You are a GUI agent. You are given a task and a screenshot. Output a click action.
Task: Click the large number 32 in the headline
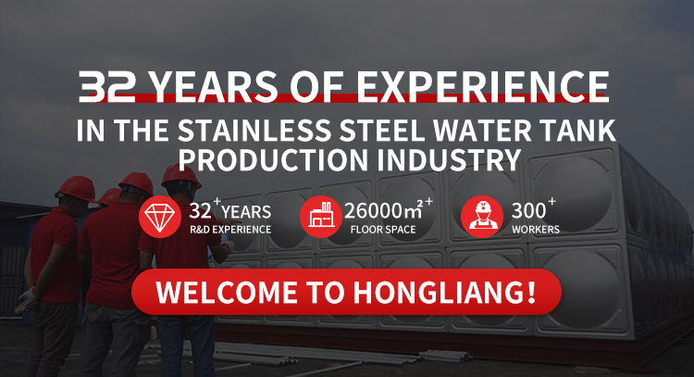(x=107, y=86)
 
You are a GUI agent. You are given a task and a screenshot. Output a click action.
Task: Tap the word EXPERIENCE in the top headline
(x=482, y=86)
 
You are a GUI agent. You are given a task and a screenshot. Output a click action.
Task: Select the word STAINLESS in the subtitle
(x=254, y=131)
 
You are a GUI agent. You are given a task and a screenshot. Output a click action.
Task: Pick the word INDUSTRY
(x=449, y=159)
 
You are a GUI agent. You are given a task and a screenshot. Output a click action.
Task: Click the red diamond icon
(x=160, y=217)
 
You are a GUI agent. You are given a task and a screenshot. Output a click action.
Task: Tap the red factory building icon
(x=320, y=217)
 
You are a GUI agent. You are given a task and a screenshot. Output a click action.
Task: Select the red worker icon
(x=482, y=217)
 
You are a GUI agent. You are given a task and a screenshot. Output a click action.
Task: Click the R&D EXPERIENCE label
(x=230, y=230)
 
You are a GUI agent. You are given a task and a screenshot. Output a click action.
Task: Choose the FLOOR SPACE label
(x=383, y=230)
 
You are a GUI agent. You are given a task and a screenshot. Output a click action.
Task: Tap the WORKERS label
(x=536, y=230)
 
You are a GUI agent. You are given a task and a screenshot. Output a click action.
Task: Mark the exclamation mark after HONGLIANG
(x=531, y=292)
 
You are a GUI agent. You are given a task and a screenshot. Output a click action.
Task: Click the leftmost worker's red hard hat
(x=76, y=188)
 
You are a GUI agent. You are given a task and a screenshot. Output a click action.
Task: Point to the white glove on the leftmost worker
(x=28, y=300)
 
